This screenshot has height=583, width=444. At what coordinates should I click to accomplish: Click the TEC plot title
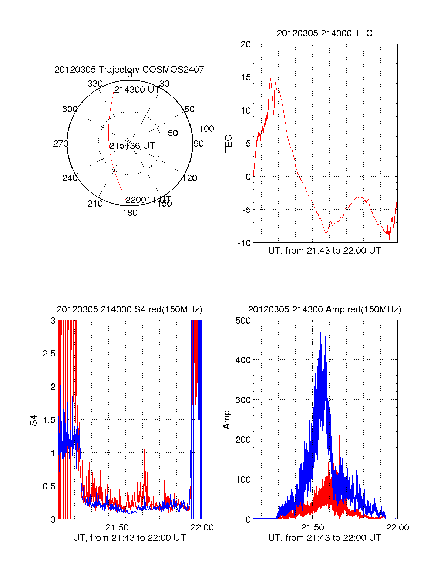pyautogui.click(x=324, y=33)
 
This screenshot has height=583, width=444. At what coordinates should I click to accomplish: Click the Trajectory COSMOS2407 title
pyautogui.click(x=129, y=70)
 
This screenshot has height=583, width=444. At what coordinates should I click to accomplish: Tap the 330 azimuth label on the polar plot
pyautogui.click(x=95, y=84)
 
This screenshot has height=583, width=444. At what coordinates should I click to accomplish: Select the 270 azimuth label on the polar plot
pyautogui.click(x=60, y=144)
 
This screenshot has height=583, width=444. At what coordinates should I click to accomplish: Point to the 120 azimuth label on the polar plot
pyautogui.click(x=190, y=178)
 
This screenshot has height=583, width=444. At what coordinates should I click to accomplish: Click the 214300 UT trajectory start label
pyautogui.click(x=137, y=90)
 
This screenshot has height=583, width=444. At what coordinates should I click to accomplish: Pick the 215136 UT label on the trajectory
pyautogui.click(x=132, y=146)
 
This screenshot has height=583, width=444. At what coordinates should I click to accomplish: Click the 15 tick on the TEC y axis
pyautogui.click(x=246, y=77)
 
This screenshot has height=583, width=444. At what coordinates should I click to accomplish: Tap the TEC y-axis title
pyautogui.click(x=229, y=144)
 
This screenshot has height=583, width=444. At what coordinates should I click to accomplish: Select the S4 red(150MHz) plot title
pyautogui.click(x=129, y=309)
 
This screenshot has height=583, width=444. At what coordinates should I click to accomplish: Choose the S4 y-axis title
pyautogui.click(x=34, y=420)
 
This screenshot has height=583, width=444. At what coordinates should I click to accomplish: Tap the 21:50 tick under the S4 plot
pyautogui.click(x=117, y=527)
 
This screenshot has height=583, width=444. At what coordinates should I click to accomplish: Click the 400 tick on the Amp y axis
pyautogui.click(x=243, y=360)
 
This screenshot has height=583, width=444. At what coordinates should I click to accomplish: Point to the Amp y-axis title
pyautogui.click(x=226, y=420)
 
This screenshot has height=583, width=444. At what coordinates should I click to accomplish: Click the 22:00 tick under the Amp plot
pyautogui.click(x=397, y=527)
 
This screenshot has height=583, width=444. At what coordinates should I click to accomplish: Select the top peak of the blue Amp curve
pyautogui.click(x=320, y=332)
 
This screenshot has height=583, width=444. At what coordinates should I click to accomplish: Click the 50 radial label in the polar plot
pyautogui.click(x=173, y=133)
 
